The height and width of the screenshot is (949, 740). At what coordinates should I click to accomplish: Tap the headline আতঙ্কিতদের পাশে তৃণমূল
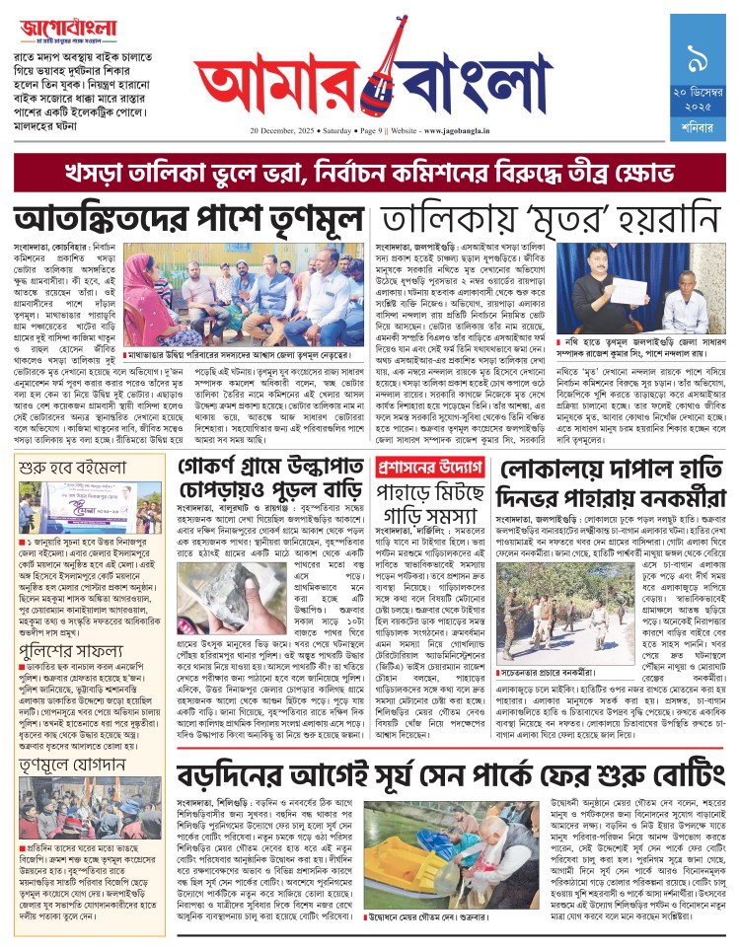pyautogui.click(x=187, y=216)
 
